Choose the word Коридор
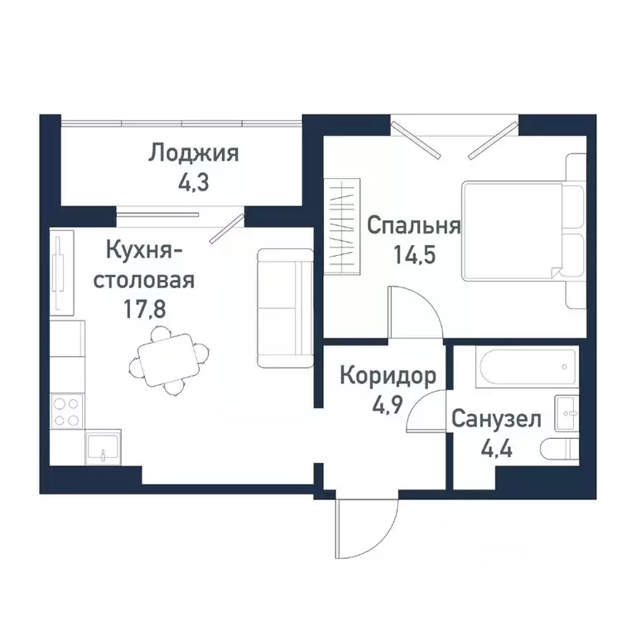[x=388, y=378]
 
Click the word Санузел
[x=496, y=420]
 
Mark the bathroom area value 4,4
[x=497, y=448]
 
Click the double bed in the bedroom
[x=522, y=231]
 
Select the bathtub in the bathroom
[x=522, y=365]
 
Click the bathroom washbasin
[x=567, y=412]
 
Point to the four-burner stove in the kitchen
[x=66, y=412]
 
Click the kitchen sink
[x=102, y=446]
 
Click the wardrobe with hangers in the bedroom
[x=344, y=225]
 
